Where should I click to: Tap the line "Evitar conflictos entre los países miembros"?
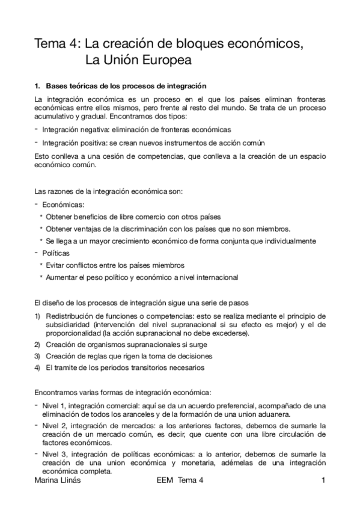pos(115,265)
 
